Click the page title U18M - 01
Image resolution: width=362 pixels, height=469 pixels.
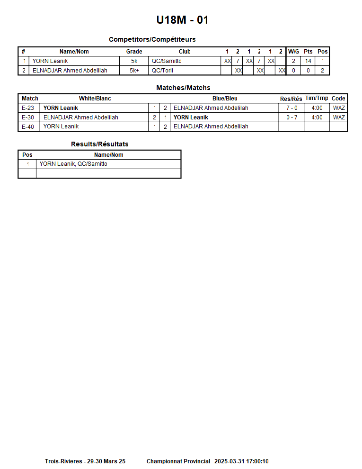coord(182,20)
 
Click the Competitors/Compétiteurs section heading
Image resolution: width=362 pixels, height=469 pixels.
coord(152,39)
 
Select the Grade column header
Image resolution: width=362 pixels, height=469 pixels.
coord(134,52)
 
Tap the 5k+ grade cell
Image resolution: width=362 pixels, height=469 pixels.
coord(134,71)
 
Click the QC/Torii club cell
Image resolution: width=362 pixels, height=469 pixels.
coord(162,71)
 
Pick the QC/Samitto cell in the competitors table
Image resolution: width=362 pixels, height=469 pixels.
coord(167,61)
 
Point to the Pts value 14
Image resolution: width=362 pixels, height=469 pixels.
coord(308,61)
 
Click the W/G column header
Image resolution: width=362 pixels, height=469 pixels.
coord(293,52)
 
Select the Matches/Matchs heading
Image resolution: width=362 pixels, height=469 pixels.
coord(183,88)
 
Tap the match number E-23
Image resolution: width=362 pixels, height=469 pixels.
coord(28,108)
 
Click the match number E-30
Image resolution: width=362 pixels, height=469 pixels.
coord(28,117)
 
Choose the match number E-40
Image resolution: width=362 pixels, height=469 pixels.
coord(28,126)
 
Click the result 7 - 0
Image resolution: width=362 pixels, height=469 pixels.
coord(291,108)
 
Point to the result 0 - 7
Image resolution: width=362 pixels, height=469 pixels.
coord(291,117)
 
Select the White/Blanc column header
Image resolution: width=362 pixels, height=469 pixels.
coord(95,99)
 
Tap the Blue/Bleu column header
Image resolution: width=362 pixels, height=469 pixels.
coord(225,99)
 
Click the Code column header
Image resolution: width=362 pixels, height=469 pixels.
coord(338,99)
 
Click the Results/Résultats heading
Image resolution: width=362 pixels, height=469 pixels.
coord(99,144)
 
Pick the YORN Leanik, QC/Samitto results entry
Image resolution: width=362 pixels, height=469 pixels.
coord(73,164)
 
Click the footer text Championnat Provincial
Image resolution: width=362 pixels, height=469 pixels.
coord(178,461)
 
